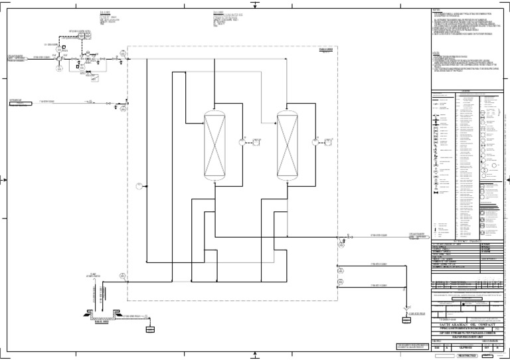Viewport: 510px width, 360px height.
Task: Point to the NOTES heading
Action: (436, 9)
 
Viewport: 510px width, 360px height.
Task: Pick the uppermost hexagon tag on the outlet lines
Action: (341, 244)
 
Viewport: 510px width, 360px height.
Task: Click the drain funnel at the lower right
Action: (404, 308)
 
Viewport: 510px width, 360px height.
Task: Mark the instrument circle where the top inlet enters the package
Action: (124, 53)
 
